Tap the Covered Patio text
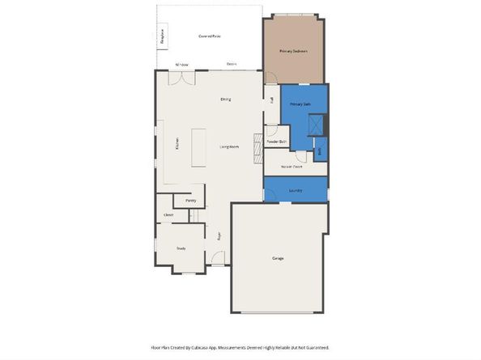[211, 36]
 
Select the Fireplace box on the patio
[162, 36]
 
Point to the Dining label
[225, 100]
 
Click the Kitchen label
[177, 144]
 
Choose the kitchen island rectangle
[198, 147]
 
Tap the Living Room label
[229, 146]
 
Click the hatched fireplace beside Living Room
[258, 148]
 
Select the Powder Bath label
[277, 142]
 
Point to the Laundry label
[296, 191]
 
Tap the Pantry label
[190, 200]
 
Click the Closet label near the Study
[168, 214]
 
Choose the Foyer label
[219, 237]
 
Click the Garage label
[278, 258]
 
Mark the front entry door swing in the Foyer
[216, 259]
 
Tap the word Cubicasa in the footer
[219, 346]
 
